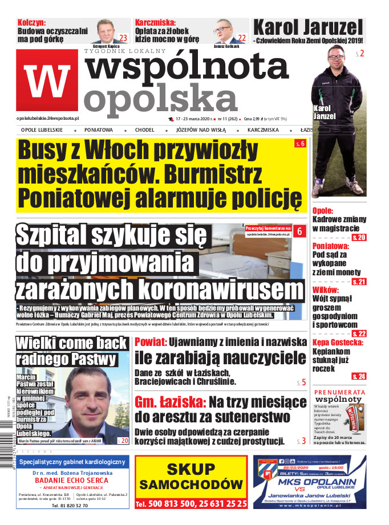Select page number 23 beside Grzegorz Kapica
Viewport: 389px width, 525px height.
[123, 38]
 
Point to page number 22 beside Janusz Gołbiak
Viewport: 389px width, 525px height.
[241, 38]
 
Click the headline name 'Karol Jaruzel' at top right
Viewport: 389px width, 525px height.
[307, 27]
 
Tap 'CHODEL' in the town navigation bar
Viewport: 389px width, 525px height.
[145, 130]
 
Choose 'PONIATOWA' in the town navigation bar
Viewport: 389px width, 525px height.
[99, 130]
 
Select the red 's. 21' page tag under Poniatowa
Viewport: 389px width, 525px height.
[359, 282]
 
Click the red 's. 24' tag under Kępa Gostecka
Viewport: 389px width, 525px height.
[359, 376]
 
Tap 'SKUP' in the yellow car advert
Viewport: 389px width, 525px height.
[191, 468]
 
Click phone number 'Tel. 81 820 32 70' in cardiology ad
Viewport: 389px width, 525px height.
[70, 506]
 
